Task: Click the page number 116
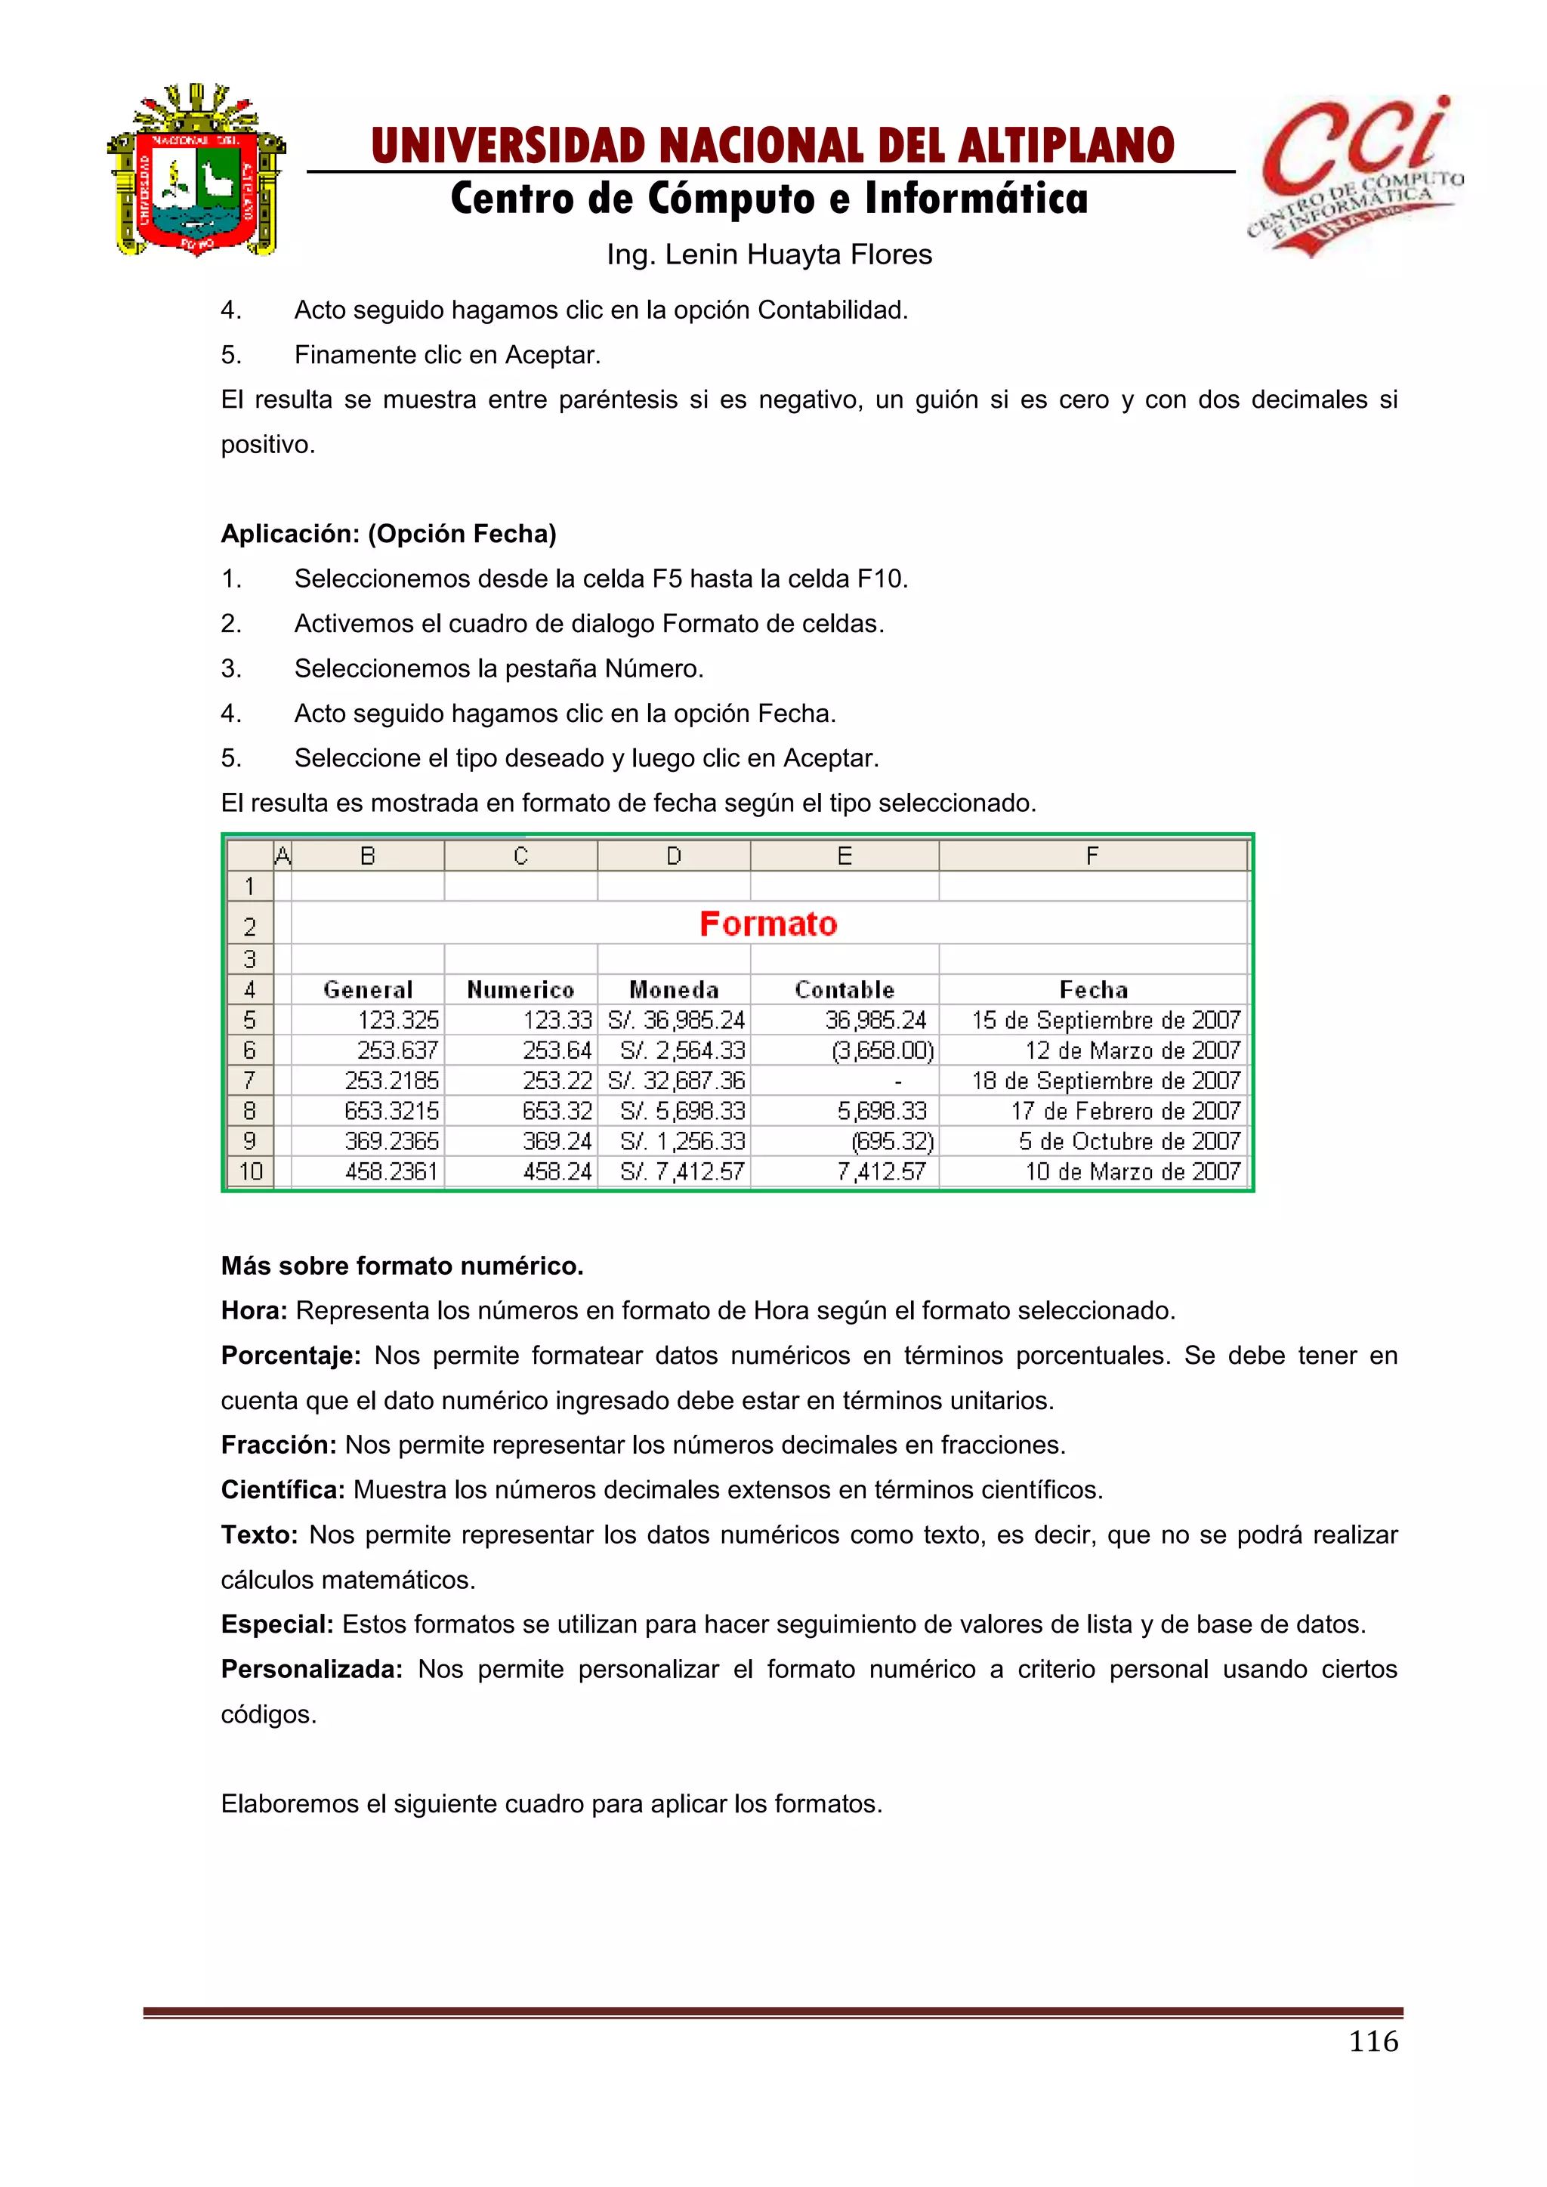pyautogui.click(x=1373, y=2040)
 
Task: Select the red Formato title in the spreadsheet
pyautogui.click(x=767, y=924)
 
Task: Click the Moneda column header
pyautogui.click(x=674, y=990)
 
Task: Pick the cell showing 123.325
pyautogui.click(x=397, y=1020)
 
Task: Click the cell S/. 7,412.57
pyautogui.click(x=681, y=1171)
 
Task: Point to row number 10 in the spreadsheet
pyautogui.click(x=249, y=1171)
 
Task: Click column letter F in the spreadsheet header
pyautogui.click(x=1092, y=856)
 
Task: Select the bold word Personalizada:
pyautogui.click(x=311, y=1669)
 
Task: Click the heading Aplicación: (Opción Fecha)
pyautogui.click(x=389, y=533)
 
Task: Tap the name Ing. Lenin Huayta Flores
pyautogui.click(x=769, y=254)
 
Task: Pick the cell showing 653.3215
pyautogui.click(x=391, y=1111)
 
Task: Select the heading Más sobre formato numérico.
pyautogui.click(x=402, y=1266)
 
